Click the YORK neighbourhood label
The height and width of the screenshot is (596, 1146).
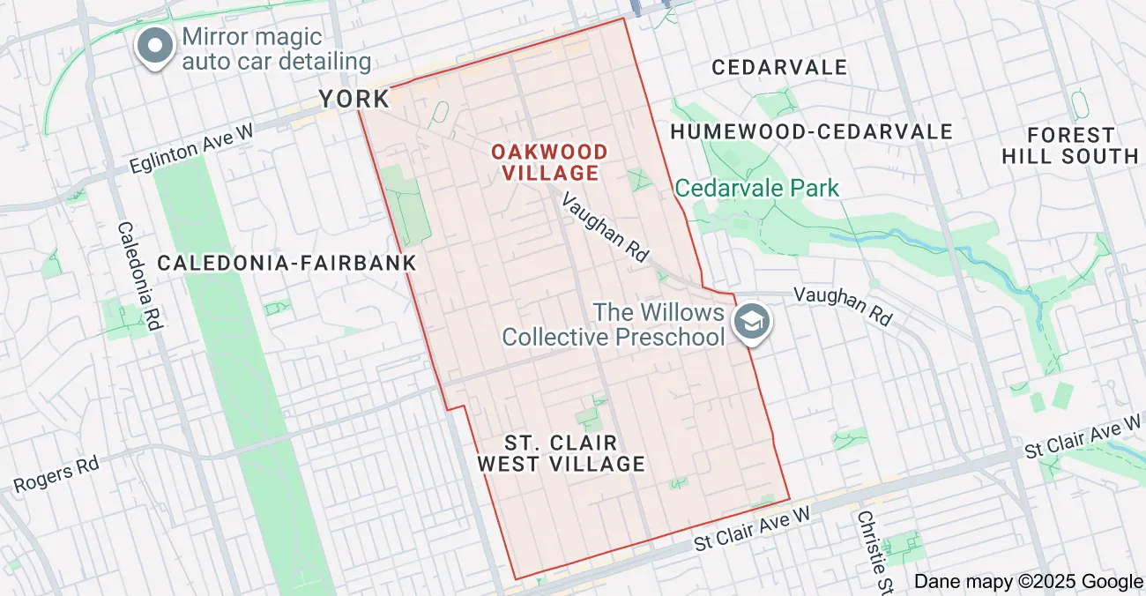pos(354,99)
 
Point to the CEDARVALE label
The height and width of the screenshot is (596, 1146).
pos(779,68)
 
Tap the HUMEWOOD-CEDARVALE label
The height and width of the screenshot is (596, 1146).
pos(812,132)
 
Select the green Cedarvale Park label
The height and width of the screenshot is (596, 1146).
pos(756,188)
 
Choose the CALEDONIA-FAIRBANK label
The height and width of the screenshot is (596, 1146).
pos(286,263)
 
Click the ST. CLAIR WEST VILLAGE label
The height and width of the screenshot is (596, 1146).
pos(561,452)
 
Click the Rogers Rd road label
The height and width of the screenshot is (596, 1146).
pos(56,475)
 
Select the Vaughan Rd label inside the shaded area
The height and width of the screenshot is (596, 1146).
pos(605,227)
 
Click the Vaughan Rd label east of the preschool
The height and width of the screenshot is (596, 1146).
pos(843,305)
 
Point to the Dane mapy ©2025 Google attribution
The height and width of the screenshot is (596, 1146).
pos(1027,581)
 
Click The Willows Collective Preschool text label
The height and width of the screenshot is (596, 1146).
pos(614,324)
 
